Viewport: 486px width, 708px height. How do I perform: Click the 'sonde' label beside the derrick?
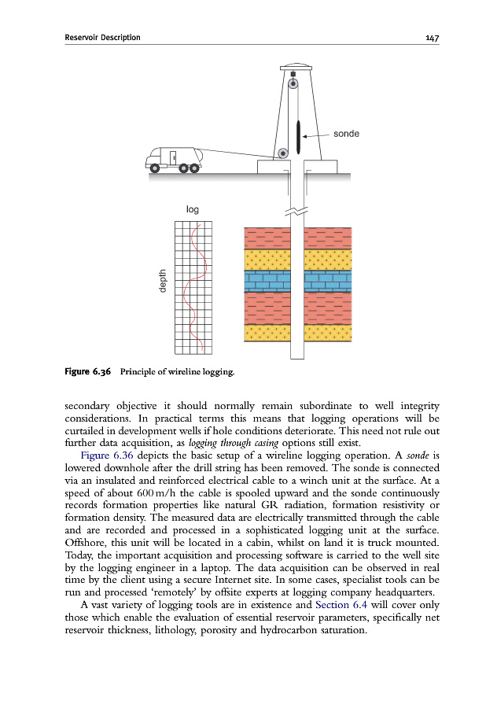[x=347, y=134]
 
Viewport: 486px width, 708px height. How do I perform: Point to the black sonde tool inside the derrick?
[x=299, y=137]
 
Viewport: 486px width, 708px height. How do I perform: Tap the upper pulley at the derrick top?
[x=293, y=83]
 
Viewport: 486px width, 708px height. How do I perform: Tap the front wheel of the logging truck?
[x=156, y=168]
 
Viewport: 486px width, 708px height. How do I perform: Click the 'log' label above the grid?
[x=193, y=210]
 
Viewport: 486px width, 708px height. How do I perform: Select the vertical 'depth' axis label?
[x=163, y=282]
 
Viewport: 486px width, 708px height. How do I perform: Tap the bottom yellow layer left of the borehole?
[x=267, y=333]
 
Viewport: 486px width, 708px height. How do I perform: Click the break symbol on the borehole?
[x=296, y=212]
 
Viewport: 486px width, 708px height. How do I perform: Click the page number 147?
[x=429, y=37]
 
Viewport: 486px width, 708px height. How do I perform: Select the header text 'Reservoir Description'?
[x=103, y=37]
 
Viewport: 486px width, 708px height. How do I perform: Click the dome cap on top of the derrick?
[x=293, y=65]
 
